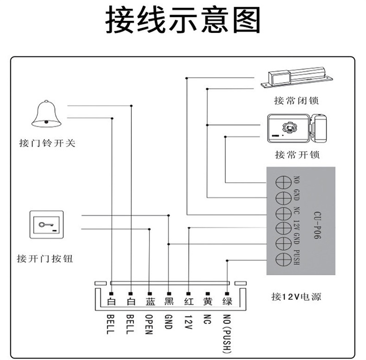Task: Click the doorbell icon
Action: coord(47,114)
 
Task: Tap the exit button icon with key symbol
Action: coord(47,224)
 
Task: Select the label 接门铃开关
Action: coord(47,143)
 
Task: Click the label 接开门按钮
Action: coord(45,258)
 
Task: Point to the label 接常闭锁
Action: coord(296,100)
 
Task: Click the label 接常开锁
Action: coord(297,155)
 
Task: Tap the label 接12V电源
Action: coord(296,297)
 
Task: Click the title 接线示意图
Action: coord(183,20)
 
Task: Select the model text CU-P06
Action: coord(317,225)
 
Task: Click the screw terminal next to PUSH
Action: coord(283,259)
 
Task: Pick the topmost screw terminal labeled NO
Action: coord(283,183)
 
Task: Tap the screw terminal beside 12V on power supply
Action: coord(283,228)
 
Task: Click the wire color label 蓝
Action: coord(150,301)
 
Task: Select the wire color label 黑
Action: coord(169,301)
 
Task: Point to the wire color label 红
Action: coord(189,301)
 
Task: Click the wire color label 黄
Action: coord(208,301)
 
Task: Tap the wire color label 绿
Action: coord(227,301)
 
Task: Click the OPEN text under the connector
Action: coord(149,324)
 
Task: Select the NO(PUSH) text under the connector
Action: coord(227,334)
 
